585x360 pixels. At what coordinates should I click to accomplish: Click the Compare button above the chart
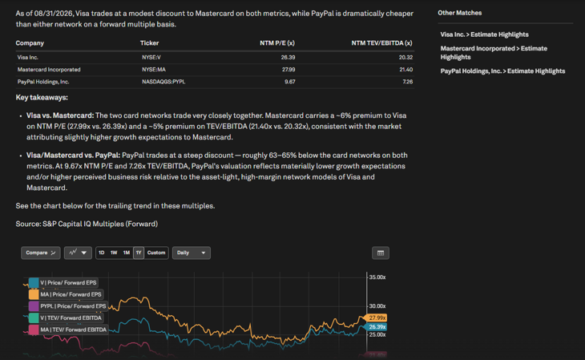tap(41, 253)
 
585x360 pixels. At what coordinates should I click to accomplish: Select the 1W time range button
tap(114, 253)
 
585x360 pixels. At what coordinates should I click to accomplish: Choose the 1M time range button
tap(127, 253)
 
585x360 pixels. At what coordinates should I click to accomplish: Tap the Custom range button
tap(156, 253)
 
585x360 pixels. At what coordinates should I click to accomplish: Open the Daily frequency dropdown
tap(192, 253)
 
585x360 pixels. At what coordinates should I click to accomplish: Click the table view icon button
tap(381, 253)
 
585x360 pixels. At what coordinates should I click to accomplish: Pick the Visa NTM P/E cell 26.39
tap(288, 58)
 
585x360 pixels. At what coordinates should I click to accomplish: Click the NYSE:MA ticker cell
tap(154, 70)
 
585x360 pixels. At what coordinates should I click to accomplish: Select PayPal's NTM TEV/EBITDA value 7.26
tap(408, 82)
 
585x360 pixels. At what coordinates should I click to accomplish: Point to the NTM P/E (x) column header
tap(277, 43)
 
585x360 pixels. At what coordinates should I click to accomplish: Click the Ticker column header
tap(149, 43)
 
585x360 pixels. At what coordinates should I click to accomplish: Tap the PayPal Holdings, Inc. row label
tap(43, 82)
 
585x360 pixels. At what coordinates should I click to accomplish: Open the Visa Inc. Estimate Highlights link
tap(484, 34)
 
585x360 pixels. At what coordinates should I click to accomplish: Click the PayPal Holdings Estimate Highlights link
tap(502, 71)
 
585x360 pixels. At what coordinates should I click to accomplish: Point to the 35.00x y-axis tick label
tap(377, 277)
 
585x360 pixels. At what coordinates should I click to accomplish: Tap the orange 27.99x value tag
tap(376, 318)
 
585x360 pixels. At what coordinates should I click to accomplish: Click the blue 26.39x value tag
tap(376, 327)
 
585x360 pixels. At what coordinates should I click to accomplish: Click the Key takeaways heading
tap(42, 98)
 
